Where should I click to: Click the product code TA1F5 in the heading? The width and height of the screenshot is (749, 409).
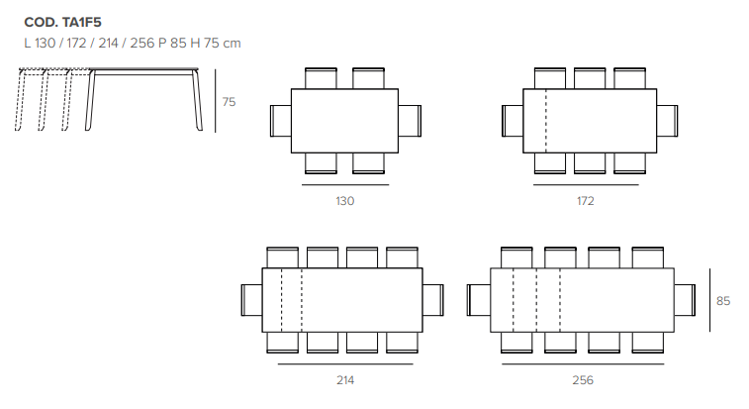[x=82, y=23]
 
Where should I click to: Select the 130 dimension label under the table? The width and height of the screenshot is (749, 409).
[x=345, y=201]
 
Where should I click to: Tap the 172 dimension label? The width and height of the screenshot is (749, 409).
[x=585, y=201]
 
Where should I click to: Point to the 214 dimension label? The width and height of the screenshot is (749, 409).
[x=345, y=380]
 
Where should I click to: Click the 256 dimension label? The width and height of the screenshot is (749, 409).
[x=583, y=380]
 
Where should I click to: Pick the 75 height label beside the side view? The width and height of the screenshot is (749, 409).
[x=229, y=102]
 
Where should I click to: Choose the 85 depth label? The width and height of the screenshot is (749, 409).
[x=723, y=301]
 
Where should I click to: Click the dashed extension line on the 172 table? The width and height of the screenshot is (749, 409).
[x=546, y=121]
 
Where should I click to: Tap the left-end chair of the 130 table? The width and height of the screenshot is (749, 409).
[x=281, y=121]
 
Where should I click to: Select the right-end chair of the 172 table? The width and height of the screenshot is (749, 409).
[x=667, y=121]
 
